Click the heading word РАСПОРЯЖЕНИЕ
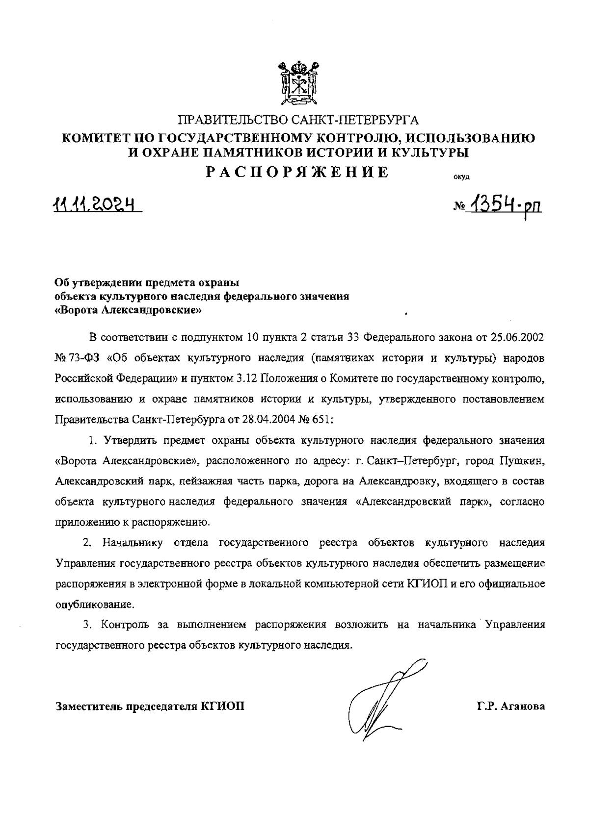pyautogui.click(x=297, y=173)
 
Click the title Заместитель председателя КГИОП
pyautogui.click(x=150, y=706)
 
